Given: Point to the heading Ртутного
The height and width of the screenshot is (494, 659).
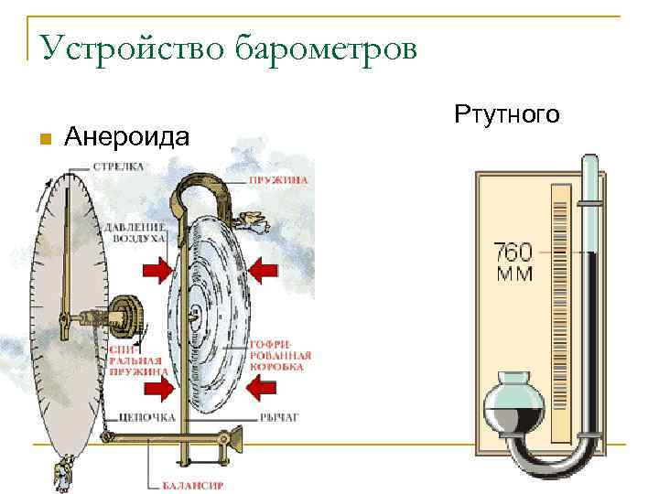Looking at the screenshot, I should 505,115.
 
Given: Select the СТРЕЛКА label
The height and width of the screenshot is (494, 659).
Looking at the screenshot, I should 116,167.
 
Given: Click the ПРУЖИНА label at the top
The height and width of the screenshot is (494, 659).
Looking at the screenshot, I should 278,182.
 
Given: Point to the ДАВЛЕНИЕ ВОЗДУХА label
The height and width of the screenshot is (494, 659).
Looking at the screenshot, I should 135,231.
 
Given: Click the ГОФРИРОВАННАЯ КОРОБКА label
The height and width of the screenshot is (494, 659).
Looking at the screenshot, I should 280,360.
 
